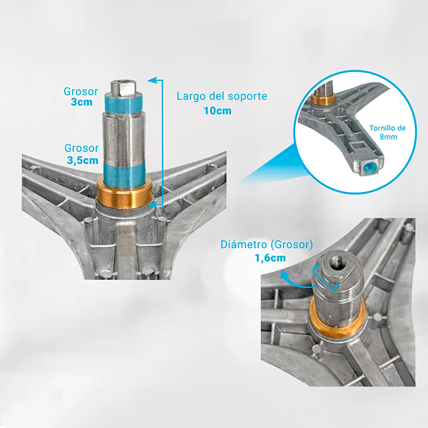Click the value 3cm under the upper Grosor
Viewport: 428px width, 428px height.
click(82, 102)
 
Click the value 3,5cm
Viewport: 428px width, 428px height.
click(82, 160)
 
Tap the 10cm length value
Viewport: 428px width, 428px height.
click(218, 111)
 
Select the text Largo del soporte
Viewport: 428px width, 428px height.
click(221, 96)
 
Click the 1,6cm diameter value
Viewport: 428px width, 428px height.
click(270, 258)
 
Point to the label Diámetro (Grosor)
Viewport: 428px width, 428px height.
click(266, 244)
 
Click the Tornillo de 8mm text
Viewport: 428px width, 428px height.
click(387, 132)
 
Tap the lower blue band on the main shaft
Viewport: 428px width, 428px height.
click(125, 176)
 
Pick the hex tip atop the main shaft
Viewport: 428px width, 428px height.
click(124, 88)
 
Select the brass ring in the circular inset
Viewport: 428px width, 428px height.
click(324, 99)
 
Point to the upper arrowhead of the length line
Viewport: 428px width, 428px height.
click(152, 80)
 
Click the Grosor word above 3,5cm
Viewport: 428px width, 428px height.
click(81, 148)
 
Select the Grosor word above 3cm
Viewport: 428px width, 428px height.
click(81, 91)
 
